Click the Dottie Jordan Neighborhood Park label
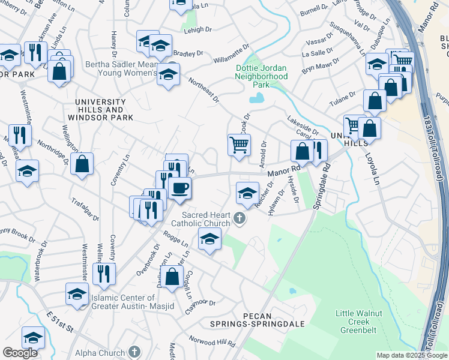click(x=261, y=76)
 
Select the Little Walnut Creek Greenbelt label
click(x=358, y=321)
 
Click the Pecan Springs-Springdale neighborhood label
click(x=257, y=320)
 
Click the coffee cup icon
click(x=180, y=188)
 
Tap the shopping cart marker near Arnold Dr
click(x=239, y=145)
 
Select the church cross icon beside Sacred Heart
click(x=240, y=218)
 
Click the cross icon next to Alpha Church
click(x=135, y=352)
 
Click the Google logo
click(x=20, y=353)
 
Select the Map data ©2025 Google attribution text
click(x=411, y=355)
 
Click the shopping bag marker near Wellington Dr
click(x=82, y=163)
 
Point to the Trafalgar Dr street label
click(x=85, y=209)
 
